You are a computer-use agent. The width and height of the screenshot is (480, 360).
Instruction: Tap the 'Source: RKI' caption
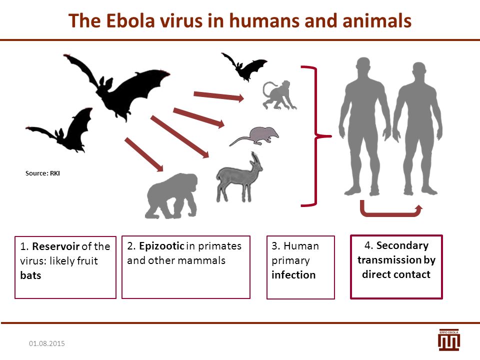coord(42,173)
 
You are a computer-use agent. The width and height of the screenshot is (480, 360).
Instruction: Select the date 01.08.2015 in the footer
coord(47,343)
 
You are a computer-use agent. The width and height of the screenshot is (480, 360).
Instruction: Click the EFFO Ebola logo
coord(449,340)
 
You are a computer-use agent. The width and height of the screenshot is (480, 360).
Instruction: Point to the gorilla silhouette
coord(171,196)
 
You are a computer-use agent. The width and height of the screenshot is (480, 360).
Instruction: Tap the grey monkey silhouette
coord(279,95)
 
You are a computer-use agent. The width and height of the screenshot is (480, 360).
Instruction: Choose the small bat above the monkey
coord(244,66)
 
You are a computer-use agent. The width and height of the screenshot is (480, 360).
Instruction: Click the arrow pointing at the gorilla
coord(144,154)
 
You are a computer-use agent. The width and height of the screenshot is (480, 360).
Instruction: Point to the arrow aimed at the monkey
coord(219,96)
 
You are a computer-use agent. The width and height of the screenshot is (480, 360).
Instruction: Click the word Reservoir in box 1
coord(55,246)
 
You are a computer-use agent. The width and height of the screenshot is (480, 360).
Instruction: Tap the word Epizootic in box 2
coord(161,246)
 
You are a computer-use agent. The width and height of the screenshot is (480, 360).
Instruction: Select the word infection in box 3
coord(293,275)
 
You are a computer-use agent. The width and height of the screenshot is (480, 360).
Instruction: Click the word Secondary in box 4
coord(402,245)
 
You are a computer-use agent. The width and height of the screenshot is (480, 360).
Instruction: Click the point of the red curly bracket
coord(330,136)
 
